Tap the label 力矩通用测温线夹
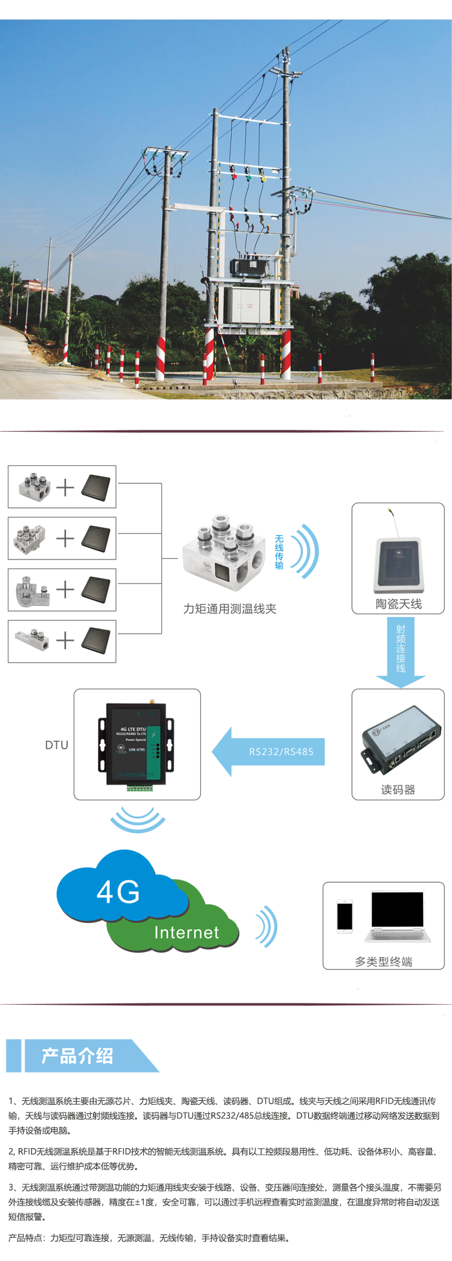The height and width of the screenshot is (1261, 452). [230, 609]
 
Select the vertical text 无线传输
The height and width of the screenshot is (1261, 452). [279, 552]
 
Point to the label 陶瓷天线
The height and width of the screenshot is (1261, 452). [398, 604]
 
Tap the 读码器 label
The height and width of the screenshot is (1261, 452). [398, 790]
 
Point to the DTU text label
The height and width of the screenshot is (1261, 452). [57, 745]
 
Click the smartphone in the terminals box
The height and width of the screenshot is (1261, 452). [345, 916]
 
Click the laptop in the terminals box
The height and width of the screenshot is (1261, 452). [397, 916]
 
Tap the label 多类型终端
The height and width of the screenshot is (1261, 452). [384, 962]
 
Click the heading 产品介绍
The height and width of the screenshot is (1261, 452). [77, 1056]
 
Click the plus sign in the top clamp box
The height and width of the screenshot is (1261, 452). [65, 487]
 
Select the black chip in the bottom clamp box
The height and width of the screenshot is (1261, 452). [96, 640]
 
